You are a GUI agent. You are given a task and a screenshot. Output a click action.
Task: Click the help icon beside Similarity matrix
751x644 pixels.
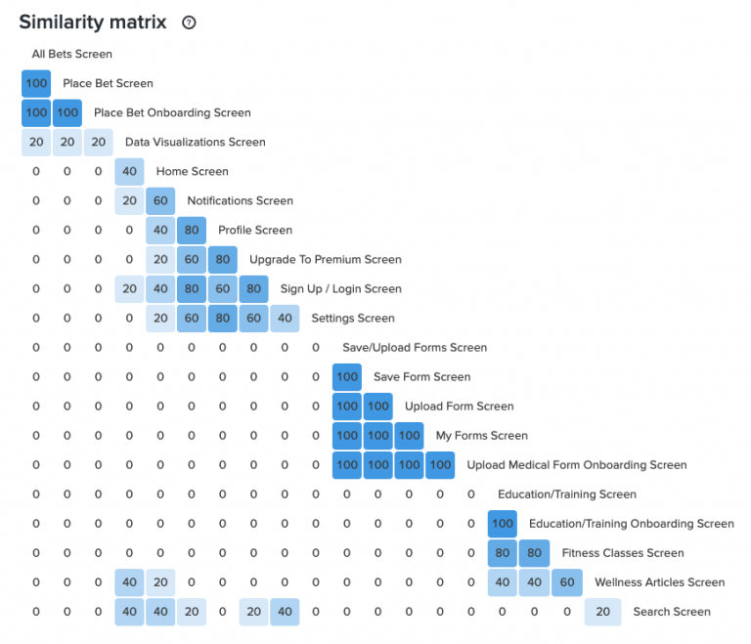pyautogui.click(x=189, y=22)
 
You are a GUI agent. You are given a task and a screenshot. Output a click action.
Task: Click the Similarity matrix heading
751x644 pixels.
pyautogui.click(x=92, y=21)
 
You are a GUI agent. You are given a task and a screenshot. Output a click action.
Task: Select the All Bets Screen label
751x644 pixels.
pyautogui.click(x=72, y=54)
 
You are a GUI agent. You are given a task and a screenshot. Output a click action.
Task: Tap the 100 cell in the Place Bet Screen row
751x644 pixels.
pyautogui.click(x=36, y=84)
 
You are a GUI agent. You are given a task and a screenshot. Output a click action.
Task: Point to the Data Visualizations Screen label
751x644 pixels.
pyautogui.click(x=195, y=143)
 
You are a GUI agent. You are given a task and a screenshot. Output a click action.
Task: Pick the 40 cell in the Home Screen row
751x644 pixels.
pyautogui.click(x=129, y=172)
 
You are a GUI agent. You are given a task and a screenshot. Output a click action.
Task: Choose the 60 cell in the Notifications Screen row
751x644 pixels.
pyautogui.click(x=160, y=201)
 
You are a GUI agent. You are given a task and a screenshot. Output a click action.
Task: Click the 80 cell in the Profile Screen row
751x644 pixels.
pyautogui.click(x=192, y=231)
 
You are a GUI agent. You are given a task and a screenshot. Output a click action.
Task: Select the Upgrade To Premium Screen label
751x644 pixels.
pyautogui.click(x=325, y=260)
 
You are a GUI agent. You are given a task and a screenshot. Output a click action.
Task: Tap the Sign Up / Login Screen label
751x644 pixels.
pyautogui.click(x=340, y=289)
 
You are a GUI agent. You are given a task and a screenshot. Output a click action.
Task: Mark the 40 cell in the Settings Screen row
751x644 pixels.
pyautogui.click(x=285, y=319)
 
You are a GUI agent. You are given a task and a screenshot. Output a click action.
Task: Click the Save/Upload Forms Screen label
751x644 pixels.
pyautogui.click(x=414, y=348)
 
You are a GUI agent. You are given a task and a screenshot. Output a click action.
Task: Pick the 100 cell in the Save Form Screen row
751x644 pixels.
pyautogui.click(x=347, y=377)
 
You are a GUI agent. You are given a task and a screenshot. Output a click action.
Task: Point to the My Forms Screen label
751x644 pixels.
pyautogui.click(x=481, y=436)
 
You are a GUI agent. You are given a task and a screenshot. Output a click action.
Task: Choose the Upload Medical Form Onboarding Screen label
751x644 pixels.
pyautogui.click(x=576, y=465)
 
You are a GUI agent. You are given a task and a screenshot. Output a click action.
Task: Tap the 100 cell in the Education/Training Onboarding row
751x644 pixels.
pyautogui.click(x=503, y=524)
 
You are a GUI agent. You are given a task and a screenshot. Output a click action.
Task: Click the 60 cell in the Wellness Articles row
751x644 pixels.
pyautogui.click(x=564, y=582)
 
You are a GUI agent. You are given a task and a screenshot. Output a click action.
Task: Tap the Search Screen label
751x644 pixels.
pyautogui.click(x=671, y=612)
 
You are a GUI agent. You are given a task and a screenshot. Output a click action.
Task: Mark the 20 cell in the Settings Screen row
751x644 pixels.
pyautogui.click(x=160, y=319)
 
